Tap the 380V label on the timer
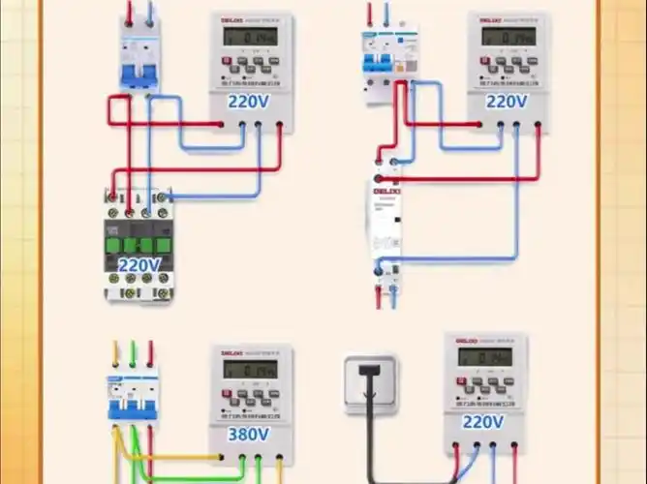click(250, 435)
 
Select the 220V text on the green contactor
click(139, 265)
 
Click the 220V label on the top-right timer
click(506, 101)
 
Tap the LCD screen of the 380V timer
click(250, 369)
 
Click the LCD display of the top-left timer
click(250, 36)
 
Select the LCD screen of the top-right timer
click(506, 36)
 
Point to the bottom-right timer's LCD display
click(484, 357)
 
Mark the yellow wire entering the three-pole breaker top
click(116, 352)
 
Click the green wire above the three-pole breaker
click(134, 352)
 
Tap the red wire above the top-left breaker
click(130, 13)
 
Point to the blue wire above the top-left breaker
click(149, 13)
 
